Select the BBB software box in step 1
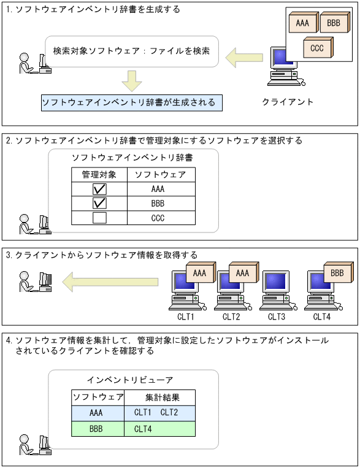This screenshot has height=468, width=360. point(333,24)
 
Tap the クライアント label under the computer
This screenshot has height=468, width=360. point(288,102)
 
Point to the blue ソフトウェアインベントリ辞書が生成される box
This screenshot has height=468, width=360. point(132,102)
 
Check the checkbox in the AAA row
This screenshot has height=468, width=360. point(99,189)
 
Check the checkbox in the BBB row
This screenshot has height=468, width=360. point(99,203)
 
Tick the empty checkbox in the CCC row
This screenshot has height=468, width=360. point(99,217)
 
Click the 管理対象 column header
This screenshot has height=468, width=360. point(99,175)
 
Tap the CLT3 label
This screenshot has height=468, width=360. point(277,317)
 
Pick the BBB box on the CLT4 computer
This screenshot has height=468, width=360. point(337,273)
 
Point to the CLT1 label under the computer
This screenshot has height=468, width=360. point(186,317)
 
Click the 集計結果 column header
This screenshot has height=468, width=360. point(159,397)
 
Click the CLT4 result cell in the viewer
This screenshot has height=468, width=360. point(159,429)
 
